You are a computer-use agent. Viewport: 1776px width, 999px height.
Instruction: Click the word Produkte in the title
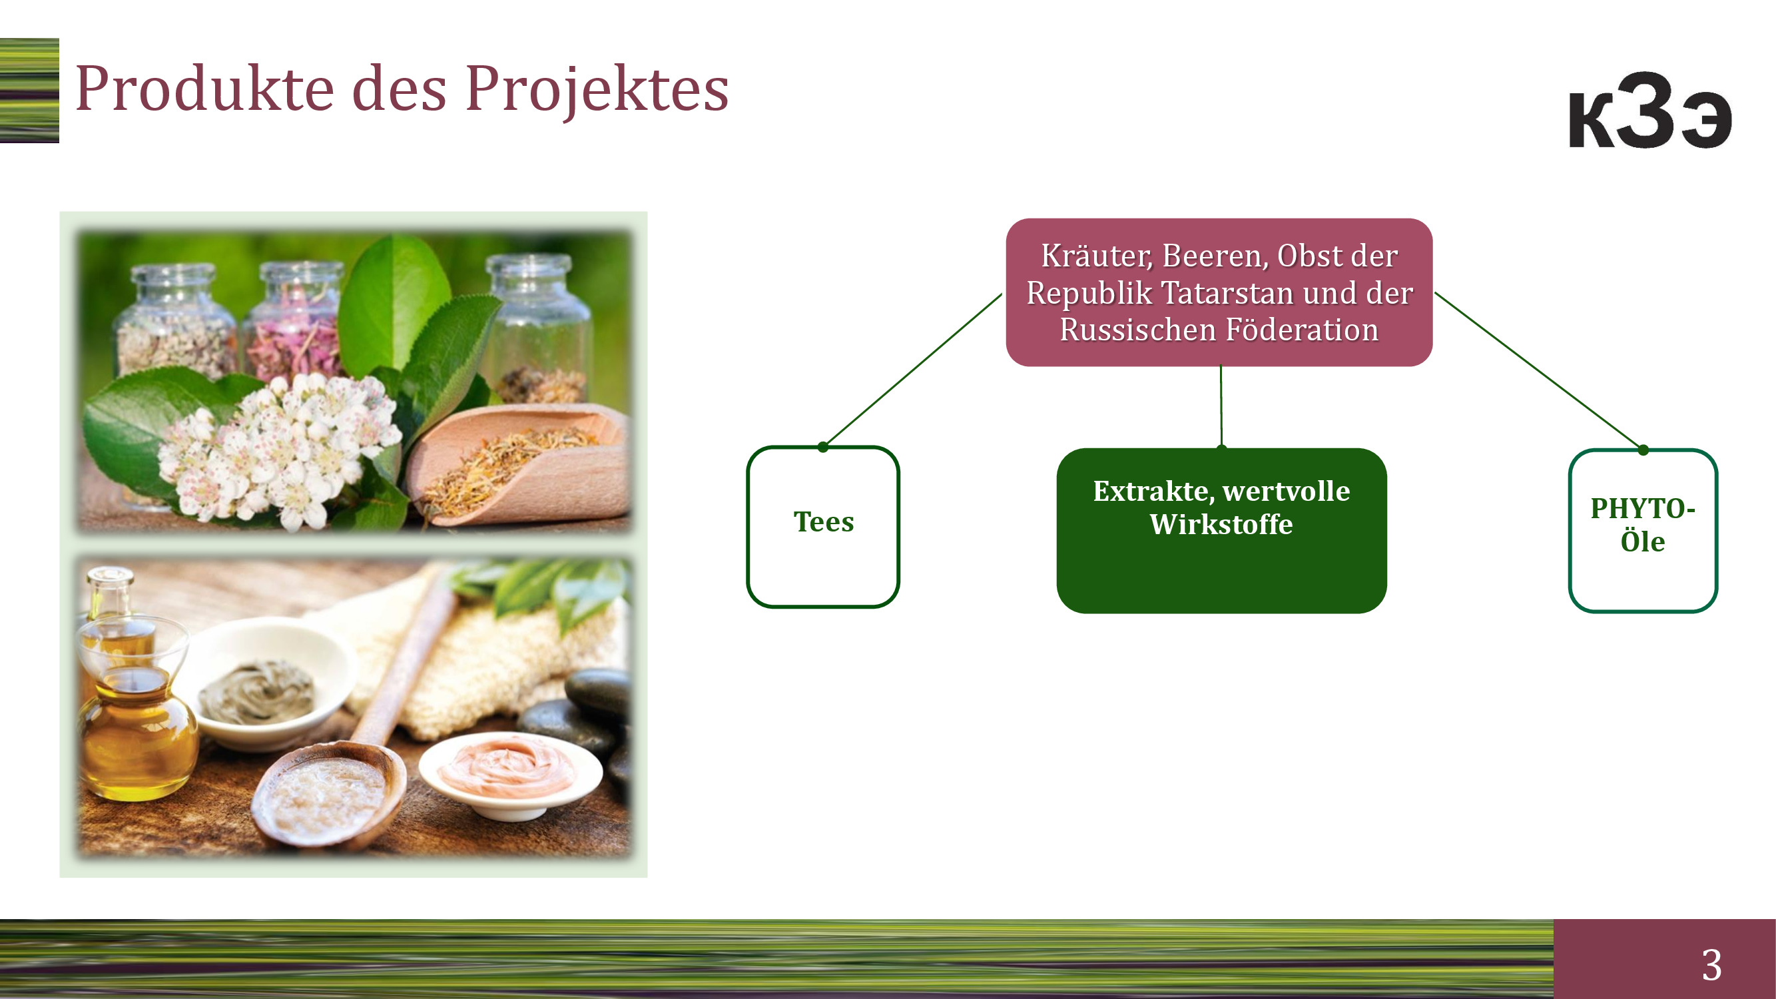pyautogui.click(x=204, y=89)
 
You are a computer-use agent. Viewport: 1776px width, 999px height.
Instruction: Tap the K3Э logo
pyautogui.click(x=1650, y=111)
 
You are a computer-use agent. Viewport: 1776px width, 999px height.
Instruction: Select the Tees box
pyautogui.click(x=823, y=527)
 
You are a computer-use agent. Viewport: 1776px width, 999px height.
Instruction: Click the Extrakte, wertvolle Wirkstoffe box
pyautogui.click(x=1222, y=530)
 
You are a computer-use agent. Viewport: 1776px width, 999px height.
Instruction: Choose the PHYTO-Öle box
pyautogui.click(x=1643, y=530)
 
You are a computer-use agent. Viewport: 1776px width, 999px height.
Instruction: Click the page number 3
pyautogui.click(x=1711, y=964)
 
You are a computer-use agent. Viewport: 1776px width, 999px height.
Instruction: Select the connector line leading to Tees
pyautogui.click(x=913, y=370)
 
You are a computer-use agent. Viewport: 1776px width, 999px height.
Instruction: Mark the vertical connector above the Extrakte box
pyautogui.click(x=1221, y=407)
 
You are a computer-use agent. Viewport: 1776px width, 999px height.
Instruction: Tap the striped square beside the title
pyautogui.click(x=29, y=91)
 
